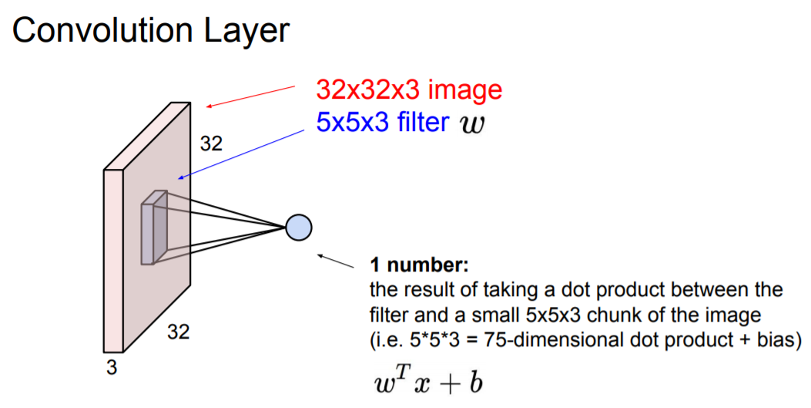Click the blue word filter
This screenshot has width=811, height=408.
(x=424, y=123)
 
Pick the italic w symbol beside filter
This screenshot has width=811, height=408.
(x=472, y=124)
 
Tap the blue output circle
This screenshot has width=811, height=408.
(x=298, y=228)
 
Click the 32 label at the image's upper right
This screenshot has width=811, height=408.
(x=212, y=143)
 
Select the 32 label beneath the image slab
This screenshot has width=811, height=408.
(x=179, y=333)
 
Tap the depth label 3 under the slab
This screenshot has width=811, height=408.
(x=112, y=368)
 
